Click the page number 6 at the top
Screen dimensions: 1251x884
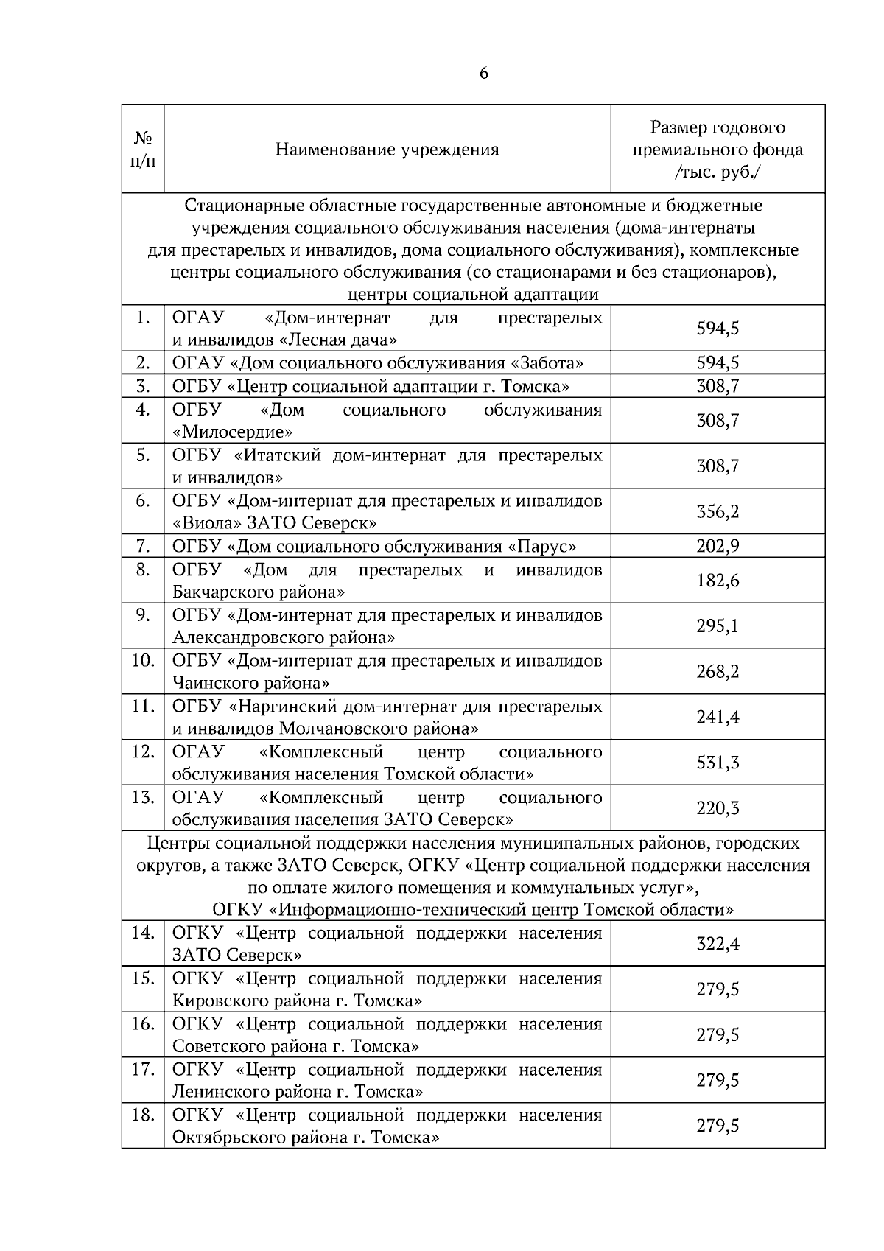click(x=484, y=74)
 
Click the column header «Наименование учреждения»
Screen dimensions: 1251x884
click(x=387, y=150)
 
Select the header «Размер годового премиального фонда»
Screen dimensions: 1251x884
click(x=718, y=150)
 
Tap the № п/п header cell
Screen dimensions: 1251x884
click(x=143, y=150)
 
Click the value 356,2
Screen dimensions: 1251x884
click(x=718, y=512)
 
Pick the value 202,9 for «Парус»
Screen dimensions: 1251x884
click(x=718, y=546)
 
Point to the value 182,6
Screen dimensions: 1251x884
click(x=718, y=581)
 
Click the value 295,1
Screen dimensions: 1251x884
click(x=718, y=626)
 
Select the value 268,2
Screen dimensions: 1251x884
click(x=718, y=672)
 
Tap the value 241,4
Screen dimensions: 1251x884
click(x=718, y=718)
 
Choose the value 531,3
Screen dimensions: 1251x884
click(x=718, y=763)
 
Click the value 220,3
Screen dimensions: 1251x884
click(x=718, y=809)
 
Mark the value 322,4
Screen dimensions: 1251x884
click(x=718, y=945)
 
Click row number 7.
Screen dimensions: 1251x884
click(x=143, y=546)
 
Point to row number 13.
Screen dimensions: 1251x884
click(x=142, y=797)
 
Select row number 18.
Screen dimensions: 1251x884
click(x=142, y=1115)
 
